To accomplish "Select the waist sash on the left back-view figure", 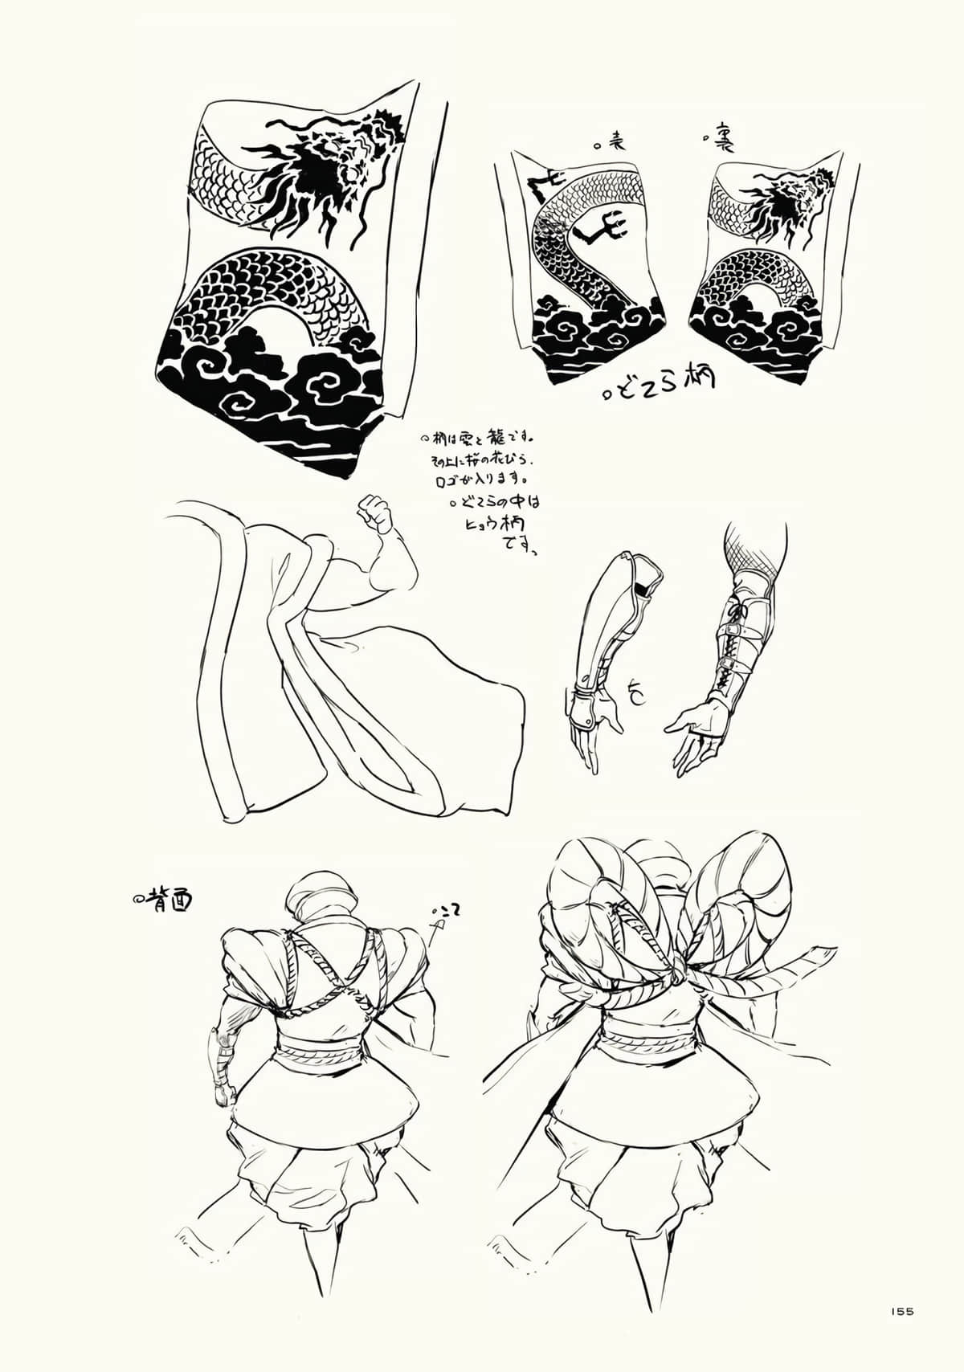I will [317, 1049].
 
